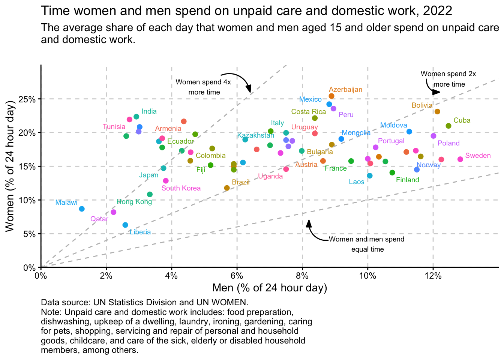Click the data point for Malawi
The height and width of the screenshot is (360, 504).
[82, 209]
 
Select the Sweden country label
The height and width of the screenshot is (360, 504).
[478, 156]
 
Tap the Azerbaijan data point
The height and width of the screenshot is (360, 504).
[331, 96]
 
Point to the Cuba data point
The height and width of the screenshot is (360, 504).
[448, 126]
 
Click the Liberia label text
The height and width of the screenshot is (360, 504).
[140, 232]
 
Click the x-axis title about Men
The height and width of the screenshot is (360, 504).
[270, 288]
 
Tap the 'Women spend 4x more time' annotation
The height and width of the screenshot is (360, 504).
[204, 87]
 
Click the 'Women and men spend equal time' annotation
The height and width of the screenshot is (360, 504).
[367, 244]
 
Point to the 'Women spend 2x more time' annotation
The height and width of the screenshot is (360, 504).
[448, 79]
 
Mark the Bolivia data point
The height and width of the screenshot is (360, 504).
[437, 112]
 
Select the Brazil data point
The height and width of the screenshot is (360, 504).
[227, 188]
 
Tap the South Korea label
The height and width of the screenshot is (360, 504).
[181, 188]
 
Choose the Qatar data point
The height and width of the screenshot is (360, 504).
[114, 212]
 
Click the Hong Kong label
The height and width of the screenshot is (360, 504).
[134, 202]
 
